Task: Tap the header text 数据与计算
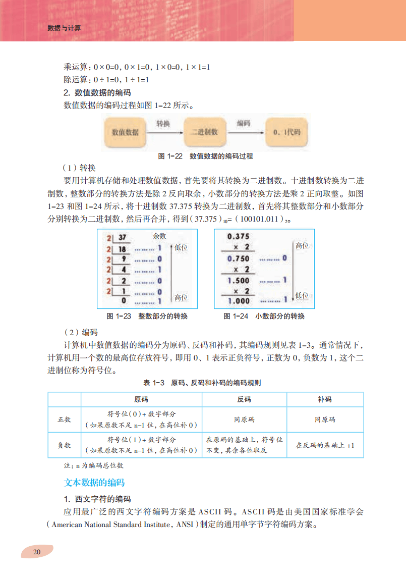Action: point(64,29)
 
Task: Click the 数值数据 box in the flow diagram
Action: point(125,132)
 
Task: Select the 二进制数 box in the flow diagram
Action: point(205,132)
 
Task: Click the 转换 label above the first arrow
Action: point(163,124)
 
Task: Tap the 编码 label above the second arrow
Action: point(244,124)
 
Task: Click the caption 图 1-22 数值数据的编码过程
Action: point(205,156)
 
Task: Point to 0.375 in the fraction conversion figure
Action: point(239,236)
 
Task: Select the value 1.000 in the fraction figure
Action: point(239,301)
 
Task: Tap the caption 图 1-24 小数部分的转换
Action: point(264,317)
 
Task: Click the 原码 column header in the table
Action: point(141,399)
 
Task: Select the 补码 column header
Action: point(325,399)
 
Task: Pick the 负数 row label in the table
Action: point(64,445)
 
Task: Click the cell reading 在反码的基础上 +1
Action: point(325,446)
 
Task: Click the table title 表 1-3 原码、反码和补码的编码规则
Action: point(205,383)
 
